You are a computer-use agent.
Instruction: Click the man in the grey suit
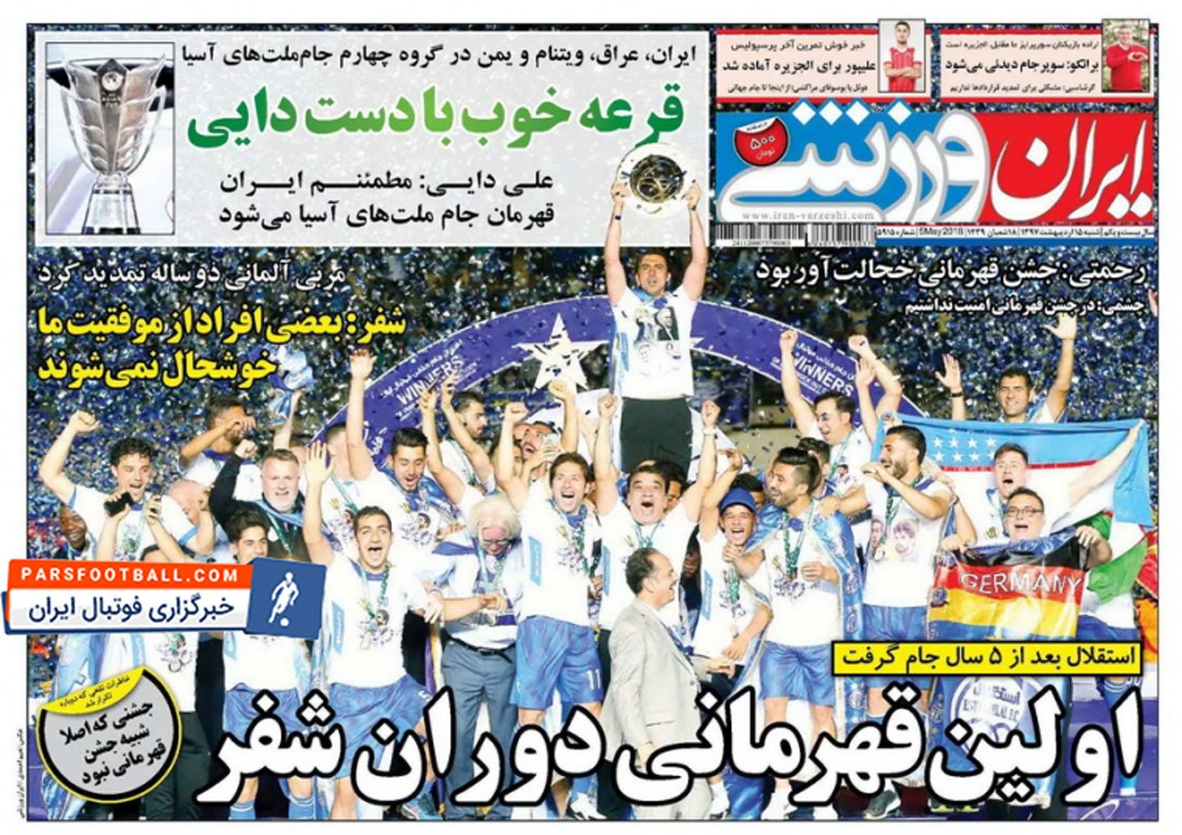pyautogui.click(x=650, y=672)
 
